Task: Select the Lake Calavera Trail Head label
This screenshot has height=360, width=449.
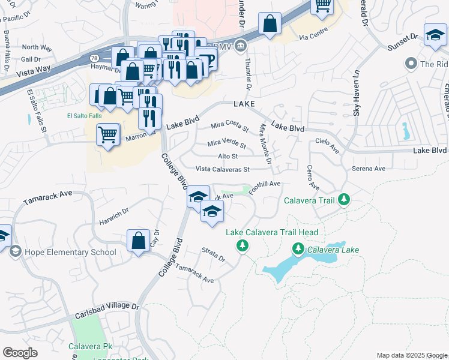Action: [x=272, y=232]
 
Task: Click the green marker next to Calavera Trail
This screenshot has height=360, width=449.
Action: [x=343, y=199]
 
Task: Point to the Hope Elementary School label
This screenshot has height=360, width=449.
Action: [x=70, y=252]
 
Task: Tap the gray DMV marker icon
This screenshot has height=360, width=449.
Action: [x=240, y=45]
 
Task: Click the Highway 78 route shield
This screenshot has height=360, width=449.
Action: [x=94, y=58]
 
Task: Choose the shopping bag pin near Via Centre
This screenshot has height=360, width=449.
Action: [x=270, y=25]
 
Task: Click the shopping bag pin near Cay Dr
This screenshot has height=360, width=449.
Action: [x=138, y=241]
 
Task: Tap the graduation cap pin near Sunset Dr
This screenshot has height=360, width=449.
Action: [x=435, y=35]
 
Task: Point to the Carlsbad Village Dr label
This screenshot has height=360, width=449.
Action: [x=107, y=310]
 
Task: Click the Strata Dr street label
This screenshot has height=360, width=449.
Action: [x=212, y=255]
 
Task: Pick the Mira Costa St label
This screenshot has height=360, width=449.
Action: [x=230, y=126]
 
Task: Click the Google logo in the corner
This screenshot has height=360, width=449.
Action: [x=20, y=353]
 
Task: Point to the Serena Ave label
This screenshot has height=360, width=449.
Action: [x=368, y=169]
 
